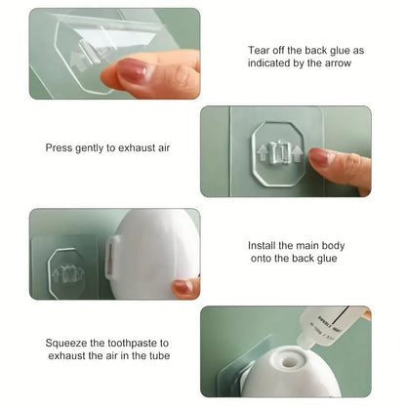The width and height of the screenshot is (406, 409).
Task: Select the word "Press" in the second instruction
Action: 60,148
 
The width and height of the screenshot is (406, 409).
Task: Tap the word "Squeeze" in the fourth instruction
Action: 68,343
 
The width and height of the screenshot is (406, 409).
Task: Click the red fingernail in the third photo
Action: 183,287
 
